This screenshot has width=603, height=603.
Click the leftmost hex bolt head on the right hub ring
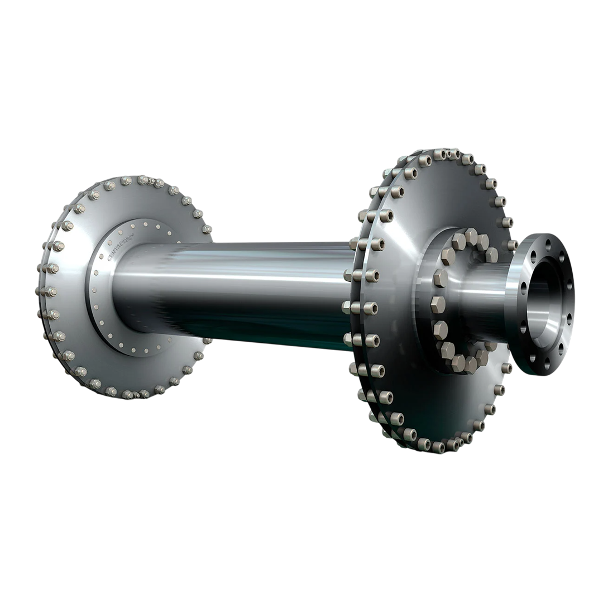(x=437, y=304)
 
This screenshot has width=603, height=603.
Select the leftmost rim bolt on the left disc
(x=44, y=291)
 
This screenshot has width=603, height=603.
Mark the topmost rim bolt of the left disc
(x=143, y=180)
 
